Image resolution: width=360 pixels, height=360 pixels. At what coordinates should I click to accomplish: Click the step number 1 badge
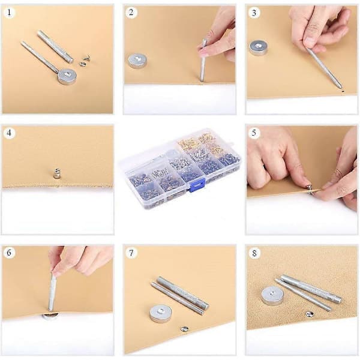coord(9,12)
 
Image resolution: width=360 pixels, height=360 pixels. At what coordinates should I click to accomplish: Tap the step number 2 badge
coord(131,12)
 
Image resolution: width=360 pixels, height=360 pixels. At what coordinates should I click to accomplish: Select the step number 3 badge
coord(254,13)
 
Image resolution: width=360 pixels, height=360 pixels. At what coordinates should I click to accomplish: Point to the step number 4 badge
coord(9,133)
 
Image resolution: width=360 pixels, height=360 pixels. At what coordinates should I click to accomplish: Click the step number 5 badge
coord(254,133)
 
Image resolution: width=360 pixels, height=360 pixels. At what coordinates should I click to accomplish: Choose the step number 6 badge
coord(9,253)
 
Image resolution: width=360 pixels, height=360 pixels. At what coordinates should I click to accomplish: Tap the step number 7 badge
coord(131,253)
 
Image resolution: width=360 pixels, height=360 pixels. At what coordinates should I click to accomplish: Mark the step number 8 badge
coord(254,253)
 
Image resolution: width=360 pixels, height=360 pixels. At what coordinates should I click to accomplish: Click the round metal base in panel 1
coord(67,76)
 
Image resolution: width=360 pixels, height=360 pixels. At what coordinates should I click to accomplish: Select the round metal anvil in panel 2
coord(137,61)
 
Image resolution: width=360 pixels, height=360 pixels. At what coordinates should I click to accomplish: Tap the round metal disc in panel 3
coord(259,48)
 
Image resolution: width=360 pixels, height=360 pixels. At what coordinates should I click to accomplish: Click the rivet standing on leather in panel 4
coord(56,174)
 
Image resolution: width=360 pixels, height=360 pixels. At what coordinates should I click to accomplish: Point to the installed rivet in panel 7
coord(184,329)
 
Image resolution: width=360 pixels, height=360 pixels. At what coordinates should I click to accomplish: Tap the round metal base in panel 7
coord(160,313)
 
